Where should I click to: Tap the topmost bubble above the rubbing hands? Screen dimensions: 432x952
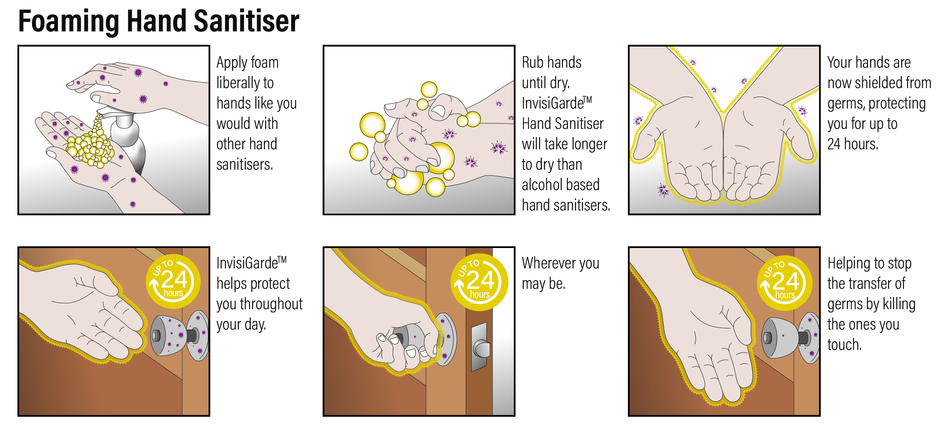point(429,89)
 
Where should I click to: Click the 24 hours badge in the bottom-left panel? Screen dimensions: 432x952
point(173,281)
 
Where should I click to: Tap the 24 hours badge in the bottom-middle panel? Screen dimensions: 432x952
point(479,282)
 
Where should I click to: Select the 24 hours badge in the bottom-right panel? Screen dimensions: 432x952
point(784,283)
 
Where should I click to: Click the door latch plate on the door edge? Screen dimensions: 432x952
point(480,347)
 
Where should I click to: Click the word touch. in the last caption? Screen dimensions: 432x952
point(844,345)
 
